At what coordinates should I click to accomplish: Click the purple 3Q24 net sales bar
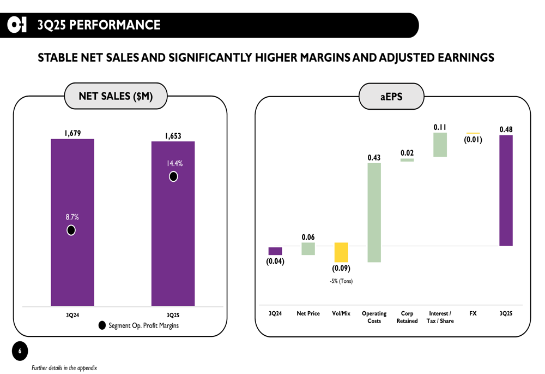(x=72, y=262)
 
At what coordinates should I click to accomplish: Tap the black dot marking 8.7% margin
(x=71, y=230)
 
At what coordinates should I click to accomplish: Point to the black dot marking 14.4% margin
(x=173, y=176)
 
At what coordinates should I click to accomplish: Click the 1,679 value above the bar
(x=72, y=132)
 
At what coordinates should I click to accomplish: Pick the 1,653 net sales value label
(x=173, y=136)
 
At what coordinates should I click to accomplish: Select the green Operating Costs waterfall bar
(x=374, y=212)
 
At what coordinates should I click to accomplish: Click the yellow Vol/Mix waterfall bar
(x=341, y=252)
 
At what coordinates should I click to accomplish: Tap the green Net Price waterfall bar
(x=308, y=249)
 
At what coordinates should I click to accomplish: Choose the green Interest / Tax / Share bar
(x=440, y=145)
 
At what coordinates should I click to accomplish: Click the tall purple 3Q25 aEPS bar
(x=506, y=191)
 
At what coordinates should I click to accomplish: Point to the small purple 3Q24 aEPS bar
(x=275, y=251)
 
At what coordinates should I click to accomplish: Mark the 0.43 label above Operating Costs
(x=374, y=158)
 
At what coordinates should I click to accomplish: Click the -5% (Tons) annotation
(x=341, y=281)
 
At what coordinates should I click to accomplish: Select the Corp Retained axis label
(x=407, y=317)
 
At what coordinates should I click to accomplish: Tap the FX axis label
(x=473, y=313)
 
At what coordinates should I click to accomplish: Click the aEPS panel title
(x=391, y=97)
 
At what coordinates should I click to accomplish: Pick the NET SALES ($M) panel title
(x=116, y=97)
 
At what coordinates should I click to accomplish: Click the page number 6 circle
(x=20, y=351)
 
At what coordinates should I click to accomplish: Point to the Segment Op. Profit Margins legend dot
(x=102, y=325)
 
